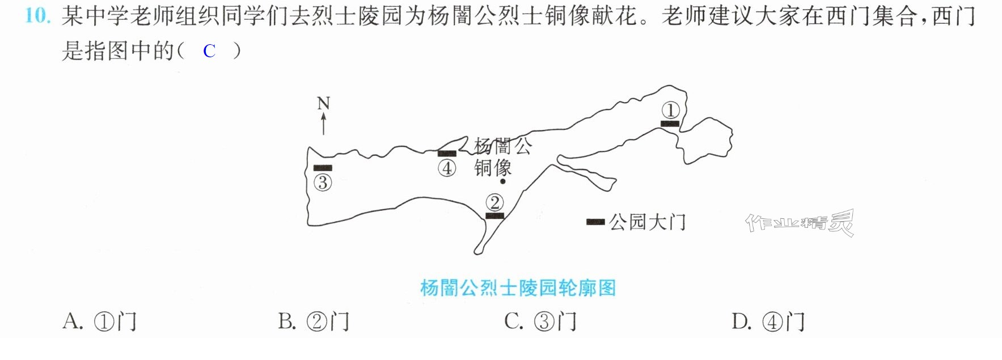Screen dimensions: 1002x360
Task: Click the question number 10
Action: click(38, 16)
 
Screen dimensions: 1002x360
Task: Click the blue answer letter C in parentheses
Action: click(209, 52)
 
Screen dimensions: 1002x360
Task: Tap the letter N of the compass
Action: click(323, 103)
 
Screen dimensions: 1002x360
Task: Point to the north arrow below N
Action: click(324, 124)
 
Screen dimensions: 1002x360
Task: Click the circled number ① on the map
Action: click(670, 109)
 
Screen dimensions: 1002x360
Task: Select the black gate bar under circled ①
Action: click(670, 124)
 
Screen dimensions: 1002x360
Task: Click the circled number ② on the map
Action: click(494, 202)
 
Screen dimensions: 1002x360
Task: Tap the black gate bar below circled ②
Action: click(494, 216)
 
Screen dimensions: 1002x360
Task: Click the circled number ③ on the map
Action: click(323, 183)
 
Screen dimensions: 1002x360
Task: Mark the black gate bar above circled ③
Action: click(323, 168)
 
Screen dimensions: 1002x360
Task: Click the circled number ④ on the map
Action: click(447, 168)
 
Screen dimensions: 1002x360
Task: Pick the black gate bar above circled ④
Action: click(447, 153)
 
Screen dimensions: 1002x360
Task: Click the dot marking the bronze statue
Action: click(503, 182)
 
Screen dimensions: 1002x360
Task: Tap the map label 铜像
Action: click(493, 168)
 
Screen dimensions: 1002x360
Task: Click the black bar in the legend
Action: click(595, 222)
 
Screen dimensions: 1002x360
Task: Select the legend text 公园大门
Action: click(648, 222)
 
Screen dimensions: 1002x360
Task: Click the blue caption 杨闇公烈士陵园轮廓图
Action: click(518, 288)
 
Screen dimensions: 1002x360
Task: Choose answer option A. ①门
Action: click(100, 321)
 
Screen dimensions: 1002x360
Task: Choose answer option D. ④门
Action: click(768, 321)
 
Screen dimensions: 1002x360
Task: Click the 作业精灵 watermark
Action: click(800, 222)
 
